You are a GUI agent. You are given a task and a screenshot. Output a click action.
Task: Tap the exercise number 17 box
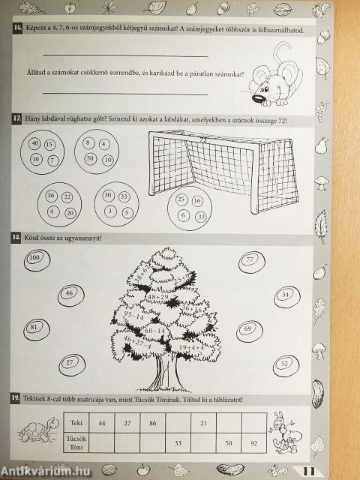point(16,120)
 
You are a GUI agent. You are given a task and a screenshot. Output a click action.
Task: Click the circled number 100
point(34,258)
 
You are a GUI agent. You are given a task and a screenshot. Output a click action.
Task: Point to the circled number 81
point(34,328)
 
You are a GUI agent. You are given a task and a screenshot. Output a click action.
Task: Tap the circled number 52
point(283,364)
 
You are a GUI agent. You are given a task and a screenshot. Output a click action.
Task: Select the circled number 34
point(285,295)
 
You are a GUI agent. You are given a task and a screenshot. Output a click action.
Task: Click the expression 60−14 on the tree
point(154,330)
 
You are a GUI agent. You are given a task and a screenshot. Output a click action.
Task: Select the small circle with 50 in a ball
point(90,159)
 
